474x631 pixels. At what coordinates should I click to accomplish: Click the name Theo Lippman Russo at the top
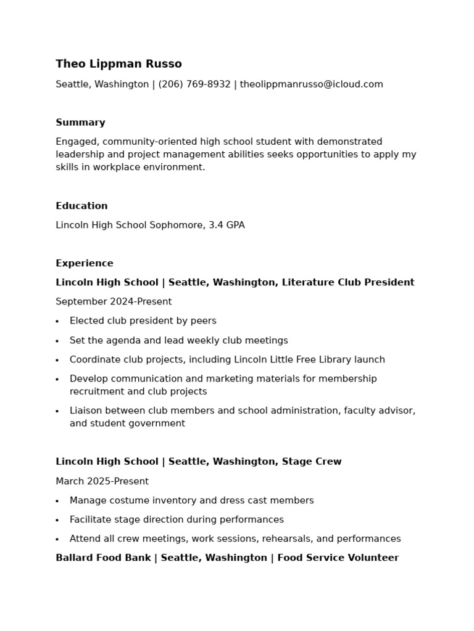click(118, 64)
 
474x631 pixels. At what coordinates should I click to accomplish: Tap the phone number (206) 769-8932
click(194, 84)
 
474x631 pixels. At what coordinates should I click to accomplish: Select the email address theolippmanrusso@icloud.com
click(311, 84)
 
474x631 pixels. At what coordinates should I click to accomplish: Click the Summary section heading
click(80, 123)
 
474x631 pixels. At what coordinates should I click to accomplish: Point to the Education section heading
click(81, 206)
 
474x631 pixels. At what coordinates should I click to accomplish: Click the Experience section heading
click(85, 263)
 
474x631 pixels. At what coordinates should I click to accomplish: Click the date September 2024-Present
click(114, 302)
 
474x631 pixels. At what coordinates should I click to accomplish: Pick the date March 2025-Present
click(102, 481)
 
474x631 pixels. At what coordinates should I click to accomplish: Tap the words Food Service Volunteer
click(338, 558)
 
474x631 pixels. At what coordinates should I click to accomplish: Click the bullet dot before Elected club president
click(57, 322)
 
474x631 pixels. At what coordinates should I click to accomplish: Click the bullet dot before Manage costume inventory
click(57, 502)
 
